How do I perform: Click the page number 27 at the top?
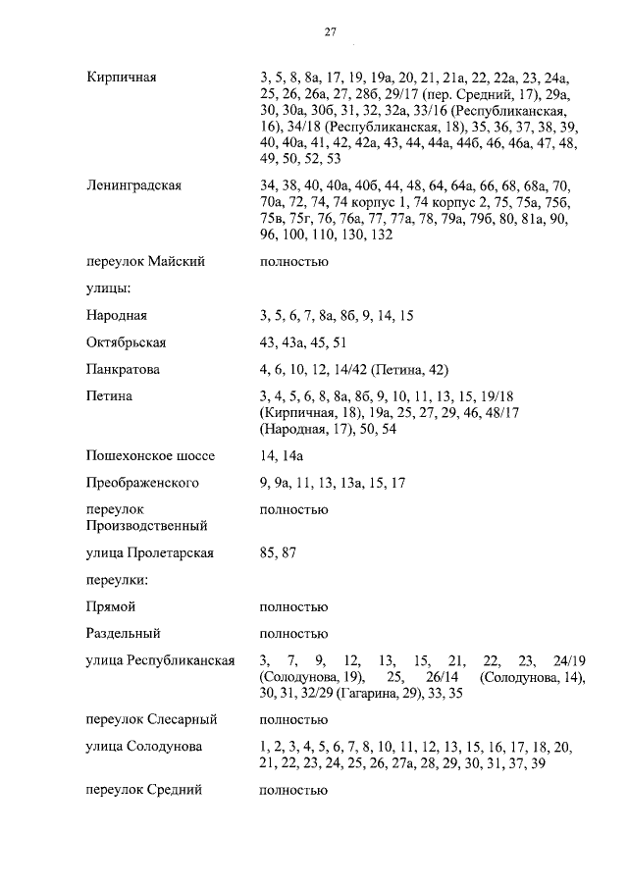click(x=331, y=32)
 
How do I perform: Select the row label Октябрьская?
click(x=126, y=342)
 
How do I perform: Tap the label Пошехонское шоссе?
click(x=150, y=455)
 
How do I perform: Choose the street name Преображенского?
click(x=142, y=483)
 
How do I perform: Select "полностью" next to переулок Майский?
click(x=293, y=262)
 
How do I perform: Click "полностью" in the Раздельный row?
click(x=293, y=634)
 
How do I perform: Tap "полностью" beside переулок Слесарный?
click(x=293, y=719)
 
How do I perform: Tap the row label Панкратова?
click(x=123, y=370)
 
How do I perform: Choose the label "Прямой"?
click(x=111, y=607)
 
